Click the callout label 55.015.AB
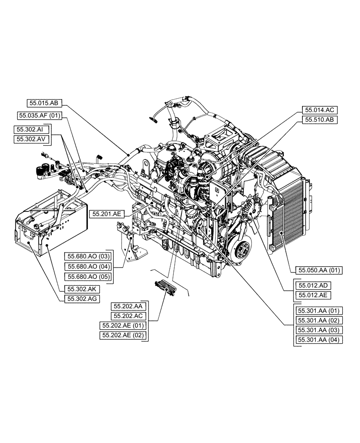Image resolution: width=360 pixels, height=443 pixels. tap(44, 102)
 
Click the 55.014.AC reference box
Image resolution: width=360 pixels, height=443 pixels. tap(321, 110)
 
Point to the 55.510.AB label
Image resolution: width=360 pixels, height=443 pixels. tap(321, 120)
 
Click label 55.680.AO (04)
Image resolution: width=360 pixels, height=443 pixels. tap(88, 266)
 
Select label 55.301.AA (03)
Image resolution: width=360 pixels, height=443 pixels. tap(318, 330)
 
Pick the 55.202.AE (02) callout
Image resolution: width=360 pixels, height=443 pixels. tap(123, 335)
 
